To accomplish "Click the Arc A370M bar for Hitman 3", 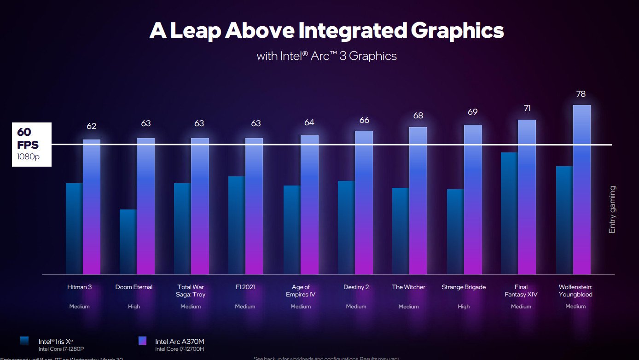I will (92, 207).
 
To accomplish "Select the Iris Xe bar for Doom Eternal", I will (128, 242).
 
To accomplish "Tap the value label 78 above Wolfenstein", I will (581, 94).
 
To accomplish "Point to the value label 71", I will (527, 108).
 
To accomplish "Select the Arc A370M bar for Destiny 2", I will (364, 203).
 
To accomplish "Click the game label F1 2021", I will (245, 287).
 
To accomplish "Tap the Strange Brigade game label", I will (464, 287).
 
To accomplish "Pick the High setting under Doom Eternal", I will (134, 307).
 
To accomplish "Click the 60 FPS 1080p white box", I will (32, 144).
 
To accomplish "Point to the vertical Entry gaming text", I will (612, 209).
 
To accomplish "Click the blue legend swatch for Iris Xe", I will (25, 341).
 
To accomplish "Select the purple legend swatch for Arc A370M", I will (142, 341).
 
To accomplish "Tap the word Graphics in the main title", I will (457, 31).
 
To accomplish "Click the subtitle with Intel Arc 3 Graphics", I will (326, 56).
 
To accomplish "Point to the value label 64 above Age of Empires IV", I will (309, 122).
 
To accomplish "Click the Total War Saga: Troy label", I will (191, 290).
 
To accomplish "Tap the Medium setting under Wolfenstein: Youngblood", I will (575, 307).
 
